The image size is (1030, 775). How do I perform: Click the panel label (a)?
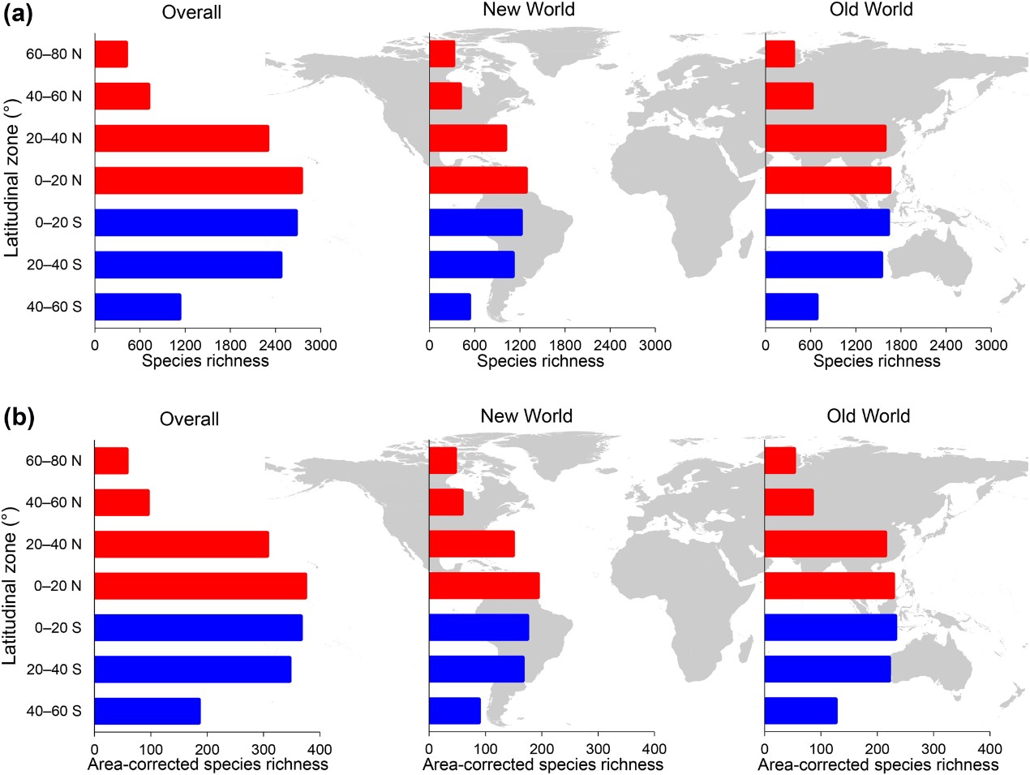[x=18, y=14]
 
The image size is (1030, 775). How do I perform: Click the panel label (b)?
[x=18, y=418]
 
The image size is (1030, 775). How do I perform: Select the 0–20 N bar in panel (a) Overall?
[x=199, y=180]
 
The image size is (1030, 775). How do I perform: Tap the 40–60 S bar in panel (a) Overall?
[x=138, y=307]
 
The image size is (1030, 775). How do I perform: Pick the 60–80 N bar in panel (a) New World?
[x=442, y=54]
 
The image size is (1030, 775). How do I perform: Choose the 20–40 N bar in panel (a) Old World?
[x=826, y=138]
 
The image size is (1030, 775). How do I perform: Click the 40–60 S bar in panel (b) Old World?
[x=800, y=711]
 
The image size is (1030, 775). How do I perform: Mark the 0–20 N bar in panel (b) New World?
[x=484, y=585]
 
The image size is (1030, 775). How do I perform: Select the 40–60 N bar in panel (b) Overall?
[x=122, y=502]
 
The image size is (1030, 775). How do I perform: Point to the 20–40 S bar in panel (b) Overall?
[x=192, y=670]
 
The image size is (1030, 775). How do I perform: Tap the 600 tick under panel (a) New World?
[x=474, y=346]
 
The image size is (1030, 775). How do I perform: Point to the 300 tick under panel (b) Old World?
[x=933, y=749]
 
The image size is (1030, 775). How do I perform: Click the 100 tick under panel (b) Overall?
[x=151, y=749]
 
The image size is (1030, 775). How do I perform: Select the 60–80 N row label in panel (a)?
[x=54, y=54]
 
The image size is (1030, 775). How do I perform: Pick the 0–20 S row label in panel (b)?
[x=58, y=627]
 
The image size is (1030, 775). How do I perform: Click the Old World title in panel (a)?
[x=871, y=10]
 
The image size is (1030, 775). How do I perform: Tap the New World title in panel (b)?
[x=526, y=416]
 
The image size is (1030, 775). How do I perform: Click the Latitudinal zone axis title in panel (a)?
[x=11, y=179]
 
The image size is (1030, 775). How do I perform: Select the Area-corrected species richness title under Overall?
[x=208, y=764]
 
